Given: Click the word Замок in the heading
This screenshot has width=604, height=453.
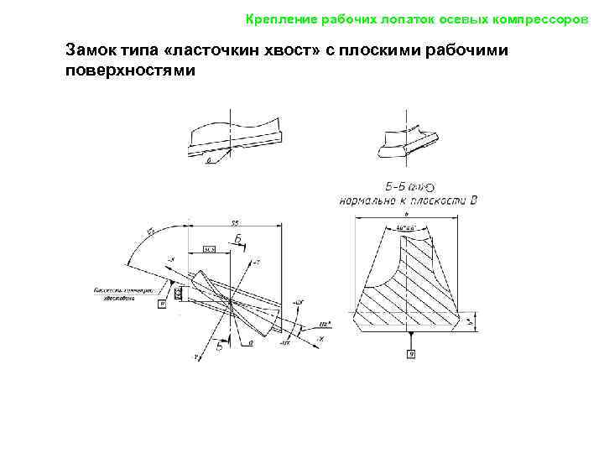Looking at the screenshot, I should tap(91, 51).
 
